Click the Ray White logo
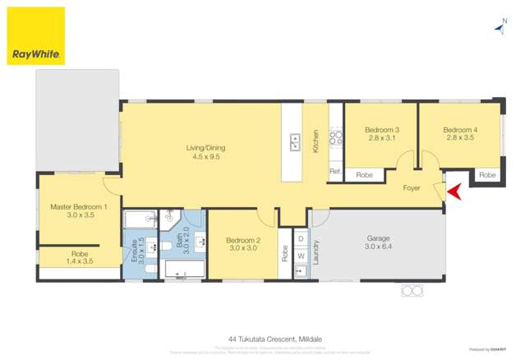click(35, 35)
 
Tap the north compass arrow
click(500, 27)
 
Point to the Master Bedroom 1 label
click(79, 210)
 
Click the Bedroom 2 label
click(242, 244)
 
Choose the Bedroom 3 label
click(381, 134)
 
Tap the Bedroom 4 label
click(459, 134)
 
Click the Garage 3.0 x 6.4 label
click(379, 243)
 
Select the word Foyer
click(412, 188)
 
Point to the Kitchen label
click(315, 142)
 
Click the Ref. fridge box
click(335, 172)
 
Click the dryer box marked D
click(300, 239)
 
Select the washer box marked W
click(300, 256)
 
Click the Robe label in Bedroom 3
click(364, 175)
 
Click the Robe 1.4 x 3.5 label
click(79, 258)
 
